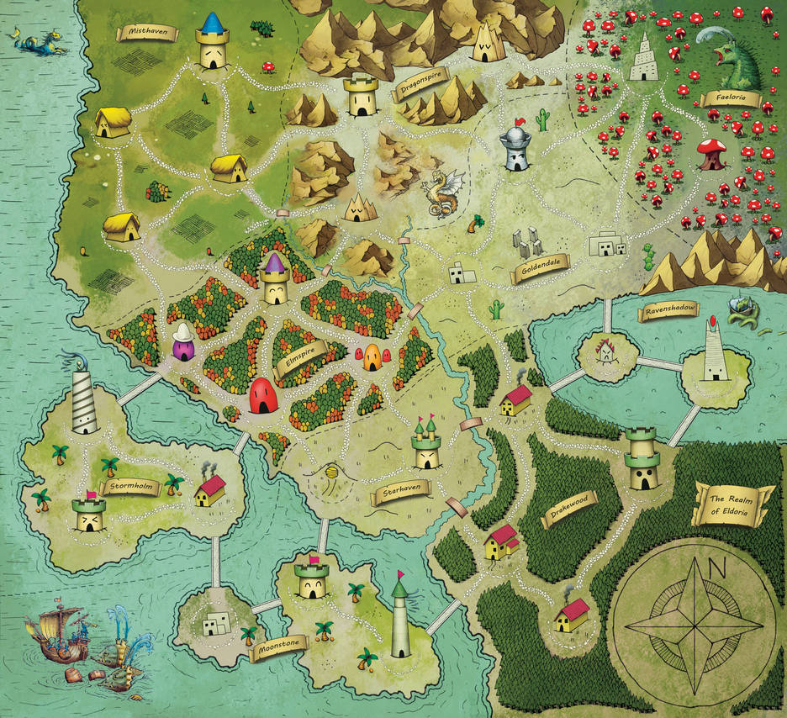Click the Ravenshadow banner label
tap(670, 310)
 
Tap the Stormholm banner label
tap(129, 486)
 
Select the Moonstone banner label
tap(279, 648)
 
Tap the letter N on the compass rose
tap(717, 568)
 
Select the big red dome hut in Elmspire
tap(264, 395)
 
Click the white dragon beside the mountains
tap(443, 193)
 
